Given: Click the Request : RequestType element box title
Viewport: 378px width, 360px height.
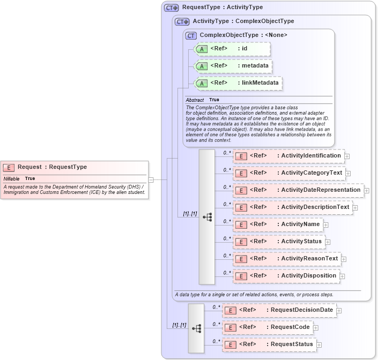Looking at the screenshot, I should coord(52,167).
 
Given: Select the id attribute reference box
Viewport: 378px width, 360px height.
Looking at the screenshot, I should coord(232,49).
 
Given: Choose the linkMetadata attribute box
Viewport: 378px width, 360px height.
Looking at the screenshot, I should coord(238,83).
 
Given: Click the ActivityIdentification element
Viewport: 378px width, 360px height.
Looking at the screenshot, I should coord(288,156).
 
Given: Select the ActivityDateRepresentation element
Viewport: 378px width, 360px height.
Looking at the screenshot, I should coord(298,190).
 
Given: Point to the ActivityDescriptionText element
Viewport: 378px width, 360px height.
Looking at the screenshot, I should coord(292,207).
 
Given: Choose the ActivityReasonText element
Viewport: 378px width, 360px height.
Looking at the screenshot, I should coord(286,259).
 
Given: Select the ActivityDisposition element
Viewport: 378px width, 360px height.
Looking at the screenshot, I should coord(286,276).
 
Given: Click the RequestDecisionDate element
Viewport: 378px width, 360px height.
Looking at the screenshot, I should coord(279,310).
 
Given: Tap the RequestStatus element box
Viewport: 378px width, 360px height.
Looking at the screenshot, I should coord(269,344).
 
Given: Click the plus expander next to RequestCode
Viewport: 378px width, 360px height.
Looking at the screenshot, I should coord(316,328).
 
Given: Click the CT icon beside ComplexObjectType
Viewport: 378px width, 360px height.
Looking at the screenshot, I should coord(191,35).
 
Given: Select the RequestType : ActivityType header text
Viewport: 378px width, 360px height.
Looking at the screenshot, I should coord(223,7).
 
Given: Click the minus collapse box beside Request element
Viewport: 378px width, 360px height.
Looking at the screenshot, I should coord(151,180).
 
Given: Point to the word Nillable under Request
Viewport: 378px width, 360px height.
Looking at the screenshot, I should coord(11,178).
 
